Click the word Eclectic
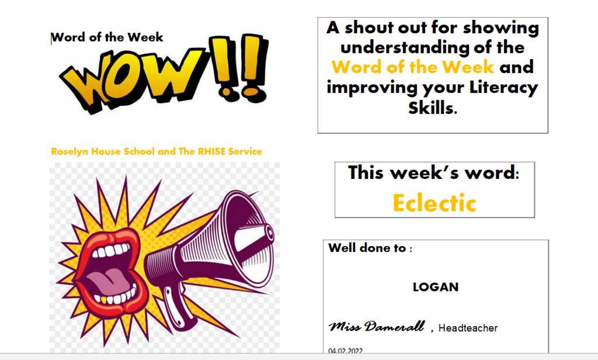tap(434, 203)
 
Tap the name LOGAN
tap(436, 287)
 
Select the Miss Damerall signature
tap(377, 327)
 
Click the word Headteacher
tap(468, 328)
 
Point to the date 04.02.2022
tap(346, 351)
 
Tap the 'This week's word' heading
tap(434, 172)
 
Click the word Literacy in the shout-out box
tap(503, 88)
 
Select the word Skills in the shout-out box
tap(433, 108)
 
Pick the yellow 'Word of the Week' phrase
tap(413, 67)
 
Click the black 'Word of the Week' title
tap(107, 37)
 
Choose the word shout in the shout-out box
tap(368, 27)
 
